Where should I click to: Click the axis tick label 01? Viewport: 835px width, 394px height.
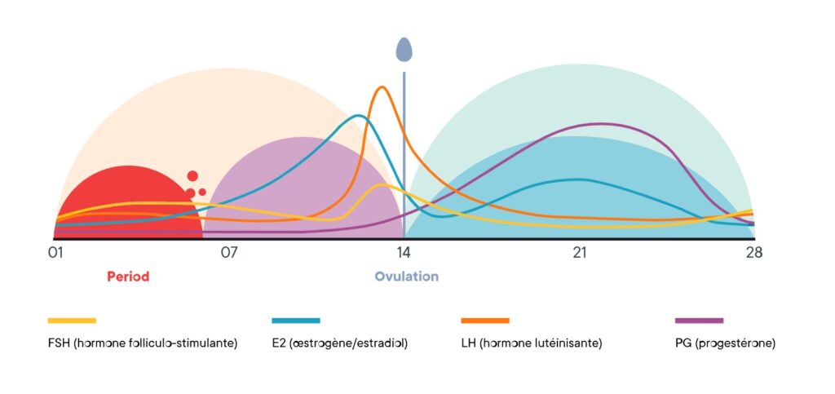56,253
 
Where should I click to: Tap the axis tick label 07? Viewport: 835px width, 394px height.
229,253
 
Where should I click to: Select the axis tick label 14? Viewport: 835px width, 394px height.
403,253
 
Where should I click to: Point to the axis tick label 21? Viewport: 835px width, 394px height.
579,253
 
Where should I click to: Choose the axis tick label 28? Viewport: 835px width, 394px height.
753,253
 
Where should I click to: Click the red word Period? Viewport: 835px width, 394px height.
128,277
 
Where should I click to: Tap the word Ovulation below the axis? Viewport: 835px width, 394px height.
406,277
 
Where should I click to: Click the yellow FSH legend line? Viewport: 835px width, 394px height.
72,321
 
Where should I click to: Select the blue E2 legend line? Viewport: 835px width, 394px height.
295,321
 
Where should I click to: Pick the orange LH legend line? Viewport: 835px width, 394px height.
485,321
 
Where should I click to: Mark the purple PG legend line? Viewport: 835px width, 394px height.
700,321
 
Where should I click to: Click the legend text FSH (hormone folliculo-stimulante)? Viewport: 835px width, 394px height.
143,343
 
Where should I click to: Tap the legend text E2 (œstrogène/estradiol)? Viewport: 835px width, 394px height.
339,343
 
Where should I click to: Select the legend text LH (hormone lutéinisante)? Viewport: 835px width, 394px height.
532,343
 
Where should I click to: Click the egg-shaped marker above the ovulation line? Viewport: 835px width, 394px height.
404,50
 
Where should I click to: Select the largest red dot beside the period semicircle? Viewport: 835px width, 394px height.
192,175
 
